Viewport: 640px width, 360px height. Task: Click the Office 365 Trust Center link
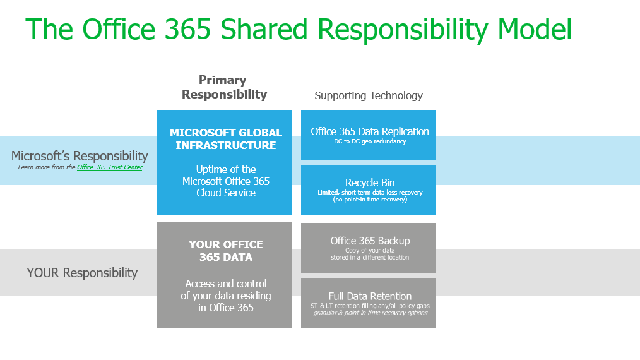coord(109,167)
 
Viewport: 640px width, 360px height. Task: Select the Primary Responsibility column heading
coord(224,87)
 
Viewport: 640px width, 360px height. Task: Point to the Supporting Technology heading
coord(369,95)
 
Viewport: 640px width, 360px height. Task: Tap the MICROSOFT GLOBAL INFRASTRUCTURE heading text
coord(226,139)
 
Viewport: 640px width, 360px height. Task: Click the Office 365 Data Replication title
coord(370,131)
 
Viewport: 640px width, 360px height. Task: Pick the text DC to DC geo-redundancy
coord(370,141)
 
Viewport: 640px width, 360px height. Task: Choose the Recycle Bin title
coord(370,183)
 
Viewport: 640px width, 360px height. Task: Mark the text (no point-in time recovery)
coord(370,200)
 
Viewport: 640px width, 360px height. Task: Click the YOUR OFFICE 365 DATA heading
coord(226,251)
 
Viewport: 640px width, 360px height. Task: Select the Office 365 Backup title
coord(370,241)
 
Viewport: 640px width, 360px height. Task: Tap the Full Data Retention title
coord(370,296)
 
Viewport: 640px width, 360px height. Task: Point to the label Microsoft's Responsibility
coord(80,156)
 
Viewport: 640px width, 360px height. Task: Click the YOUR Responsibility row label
coord(82,273)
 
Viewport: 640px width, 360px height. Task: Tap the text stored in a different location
coord(370,258)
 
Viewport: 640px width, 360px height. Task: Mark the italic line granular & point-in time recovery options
coord(370,313)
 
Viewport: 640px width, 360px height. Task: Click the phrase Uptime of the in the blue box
coord(226,169)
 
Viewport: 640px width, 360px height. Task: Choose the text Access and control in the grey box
coord(226,284)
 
